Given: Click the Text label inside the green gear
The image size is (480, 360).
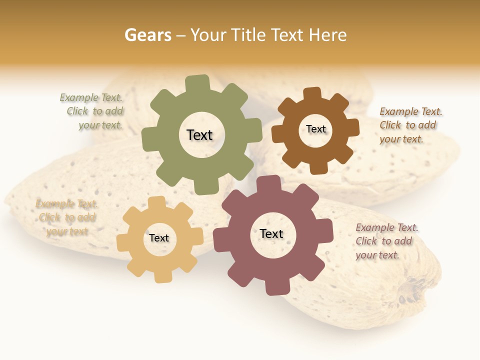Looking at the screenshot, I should tap(199, 135).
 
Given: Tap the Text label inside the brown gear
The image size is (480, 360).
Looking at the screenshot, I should tap(316, 129).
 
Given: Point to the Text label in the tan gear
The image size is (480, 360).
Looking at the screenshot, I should tap(159, 238).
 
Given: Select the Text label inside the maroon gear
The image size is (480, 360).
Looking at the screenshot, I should tap(271, 233).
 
